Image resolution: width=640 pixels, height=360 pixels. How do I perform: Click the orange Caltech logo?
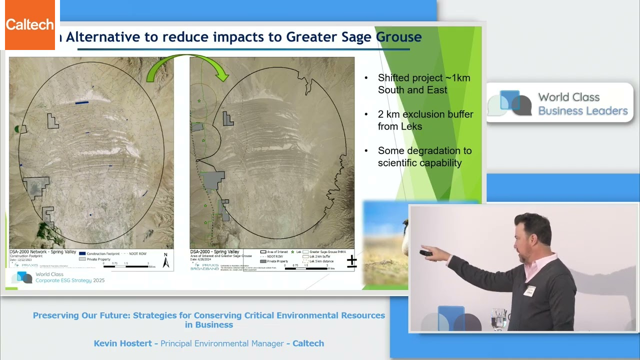click(30, 25)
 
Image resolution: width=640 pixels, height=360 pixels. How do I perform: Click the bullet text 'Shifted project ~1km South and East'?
click(423, 84)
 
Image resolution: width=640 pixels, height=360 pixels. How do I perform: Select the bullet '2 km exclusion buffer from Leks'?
click(425, 120)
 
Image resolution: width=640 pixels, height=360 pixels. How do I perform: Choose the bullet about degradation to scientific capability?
click(424, 157)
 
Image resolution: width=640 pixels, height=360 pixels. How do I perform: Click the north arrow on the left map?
click(166, 260)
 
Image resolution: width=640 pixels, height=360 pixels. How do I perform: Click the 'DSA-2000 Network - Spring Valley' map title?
click(42, 252)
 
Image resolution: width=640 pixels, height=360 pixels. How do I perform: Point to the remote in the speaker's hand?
click(426, 253)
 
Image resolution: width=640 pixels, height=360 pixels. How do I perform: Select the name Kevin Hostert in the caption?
click(123, 343)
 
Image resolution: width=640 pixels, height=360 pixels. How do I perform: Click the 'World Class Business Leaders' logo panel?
click(560, 103)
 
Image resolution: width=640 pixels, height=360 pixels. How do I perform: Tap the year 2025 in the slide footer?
click(98, 280)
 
